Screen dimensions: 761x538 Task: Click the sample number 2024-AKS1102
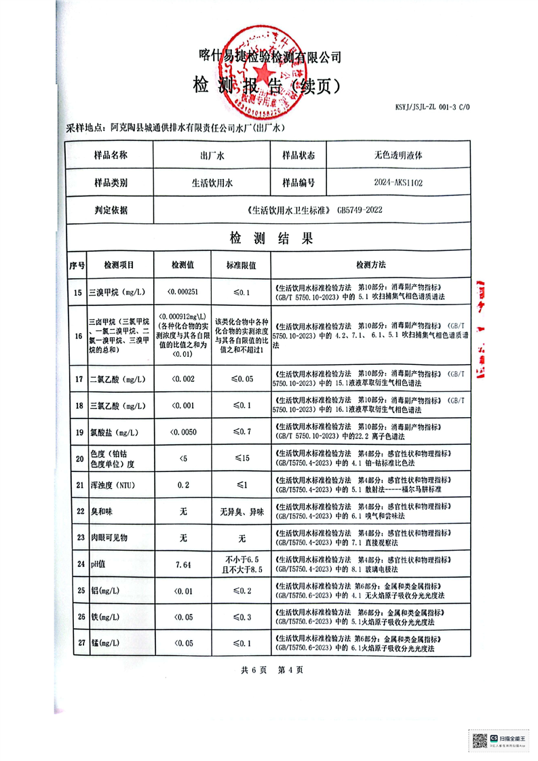pos(398,182)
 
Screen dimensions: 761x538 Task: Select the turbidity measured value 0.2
pos(183,486)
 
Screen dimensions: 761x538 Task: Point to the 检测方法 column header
pos(370,264)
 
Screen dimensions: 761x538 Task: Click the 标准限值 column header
pos(241,264)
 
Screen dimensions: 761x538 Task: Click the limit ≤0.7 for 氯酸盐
pos(241,432)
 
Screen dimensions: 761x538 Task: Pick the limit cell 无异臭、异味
pos(241,512)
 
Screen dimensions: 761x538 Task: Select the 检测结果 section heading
pos(269,239)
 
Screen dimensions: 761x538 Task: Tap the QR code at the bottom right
pos(479,739)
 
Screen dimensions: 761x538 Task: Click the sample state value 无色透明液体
pos(398,155)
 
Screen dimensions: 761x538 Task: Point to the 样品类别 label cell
pos(111,182)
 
